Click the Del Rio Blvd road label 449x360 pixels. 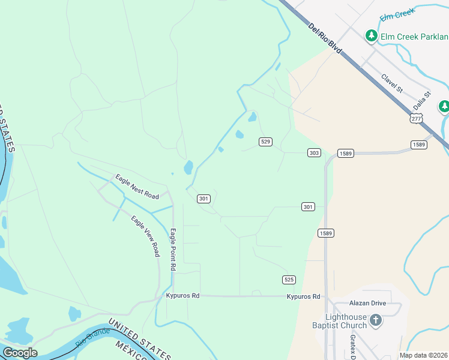tap(325, 39)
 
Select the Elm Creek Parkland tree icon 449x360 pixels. tap(372, 36)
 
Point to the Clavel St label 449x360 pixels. tap(392, 83)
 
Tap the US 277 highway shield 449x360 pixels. tap(417, 118)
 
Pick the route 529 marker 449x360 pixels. tap(266, 142)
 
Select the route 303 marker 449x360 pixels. tap(314, 153)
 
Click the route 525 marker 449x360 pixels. tap(289, 280)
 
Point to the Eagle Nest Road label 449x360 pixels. tap(137, 187)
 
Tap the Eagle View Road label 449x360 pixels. tap(145, 235)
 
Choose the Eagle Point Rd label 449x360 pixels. tap(173, 248)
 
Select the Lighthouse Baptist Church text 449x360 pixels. tap(346, 321)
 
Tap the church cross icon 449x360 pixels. tap(376, 320)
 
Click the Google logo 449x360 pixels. tap(20, 353)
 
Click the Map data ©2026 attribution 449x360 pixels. tap(423, 355)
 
